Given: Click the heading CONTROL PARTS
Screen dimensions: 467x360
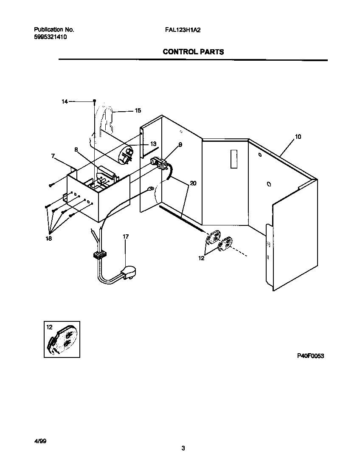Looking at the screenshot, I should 193,52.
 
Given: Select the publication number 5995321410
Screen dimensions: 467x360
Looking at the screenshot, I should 50,37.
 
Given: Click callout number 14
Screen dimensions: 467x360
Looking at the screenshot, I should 65,101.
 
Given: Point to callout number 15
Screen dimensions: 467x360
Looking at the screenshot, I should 138,110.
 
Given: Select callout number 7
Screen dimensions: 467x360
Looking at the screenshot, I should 53,156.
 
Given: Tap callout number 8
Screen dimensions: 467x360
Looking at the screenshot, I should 76,149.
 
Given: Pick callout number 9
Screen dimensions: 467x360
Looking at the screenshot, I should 180,145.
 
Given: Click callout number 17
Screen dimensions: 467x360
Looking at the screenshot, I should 126,236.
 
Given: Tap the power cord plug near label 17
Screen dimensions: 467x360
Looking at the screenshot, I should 130,272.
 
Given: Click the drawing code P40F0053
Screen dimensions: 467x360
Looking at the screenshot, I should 310,356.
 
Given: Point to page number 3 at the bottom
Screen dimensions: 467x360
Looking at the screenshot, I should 183,448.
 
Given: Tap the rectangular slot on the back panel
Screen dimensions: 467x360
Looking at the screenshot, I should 232,159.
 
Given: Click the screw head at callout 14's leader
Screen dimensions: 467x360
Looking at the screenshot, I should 94,101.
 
